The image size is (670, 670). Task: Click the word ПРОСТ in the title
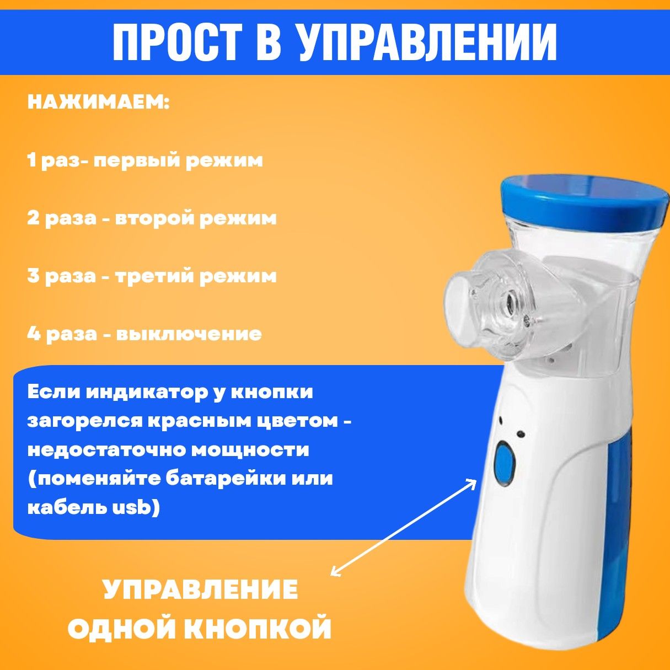click(177, 42)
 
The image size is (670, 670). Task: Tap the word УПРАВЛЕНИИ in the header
click(427, 42)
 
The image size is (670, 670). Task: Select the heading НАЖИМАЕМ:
click(98, 103)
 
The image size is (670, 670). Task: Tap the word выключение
click(188, 334)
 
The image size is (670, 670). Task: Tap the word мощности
click(250, 451)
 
